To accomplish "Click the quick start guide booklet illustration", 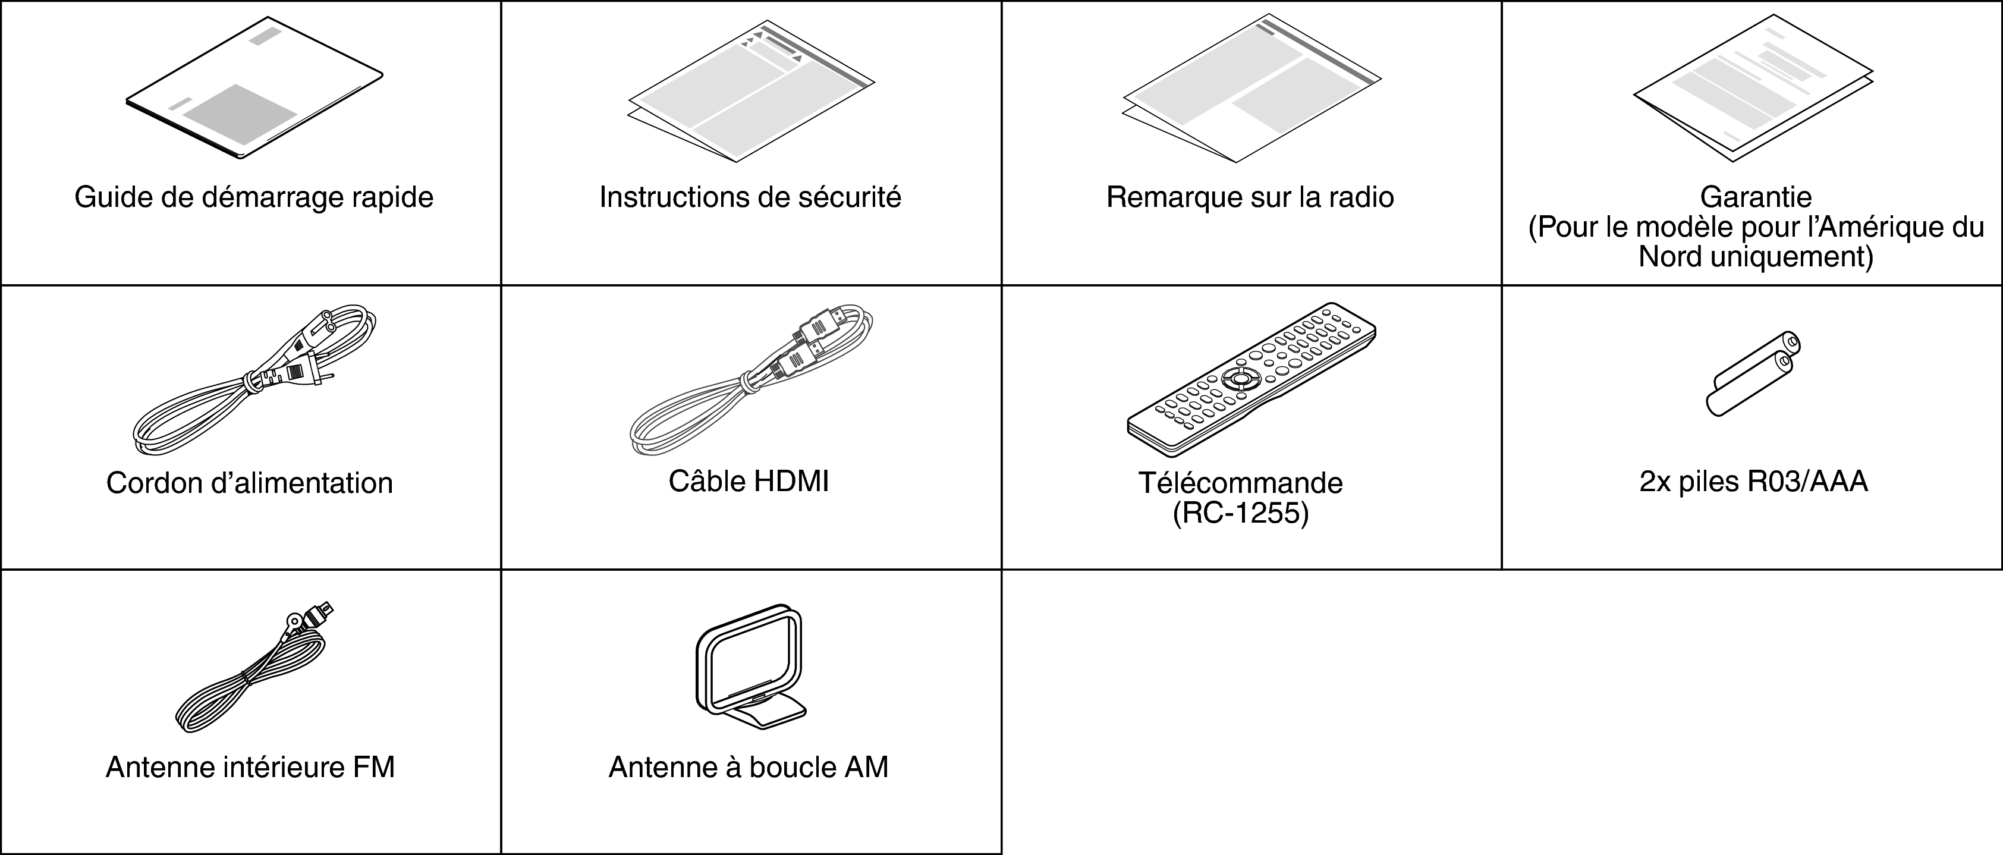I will pyautogui.click(x=253, y=89).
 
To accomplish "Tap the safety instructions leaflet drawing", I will pyautogui.click(x=750, y=92).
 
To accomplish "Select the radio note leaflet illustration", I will pyautogui.click(x=1251, y=89).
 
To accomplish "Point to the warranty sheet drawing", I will pyautogui.click(x=1753, y=93).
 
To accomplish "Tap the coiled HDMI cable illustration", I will pyautogui.click(x=750, y=381).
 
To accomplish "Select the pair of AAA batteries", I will pyautogui.click(x=1753, y=373).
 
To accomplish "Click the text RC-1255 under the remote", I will pyautogui.click(x=1240, y=514).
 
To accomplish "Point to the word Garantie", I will pyautogui.click(x=1756, y=197).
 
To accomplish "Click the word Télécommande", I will pyautogui.click(x=1240, y=483).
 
